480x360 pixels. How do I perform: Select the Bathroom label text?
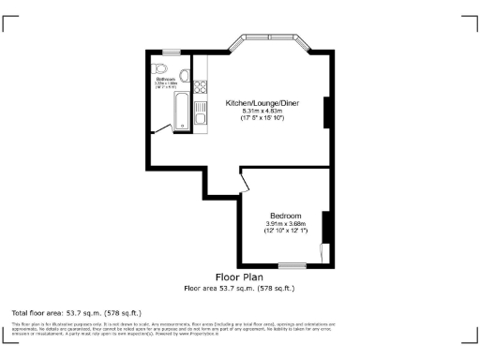click(165, 79)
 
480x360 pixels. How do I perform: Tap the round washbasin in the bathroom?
click(185, 74)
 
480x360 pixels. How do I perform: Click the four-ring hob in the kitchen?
click(200, 86)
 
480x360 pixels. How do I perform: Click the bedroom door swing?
click(246, 182)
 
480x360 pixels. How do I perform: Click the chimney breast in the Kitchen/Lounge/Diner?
click(327, 112)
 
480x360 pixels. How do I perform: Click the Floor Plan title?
click(239, 277)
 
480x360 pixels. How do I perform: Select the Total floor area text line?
click(76, 311)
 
